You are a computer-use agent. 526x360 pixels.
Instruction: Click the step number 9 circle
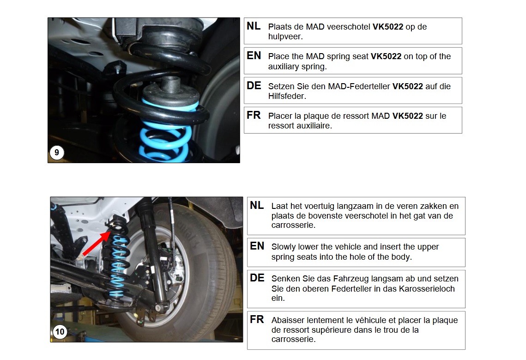tap(57, 153)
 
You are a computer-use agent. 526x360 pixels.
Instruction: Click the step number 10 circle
tap(60, 332)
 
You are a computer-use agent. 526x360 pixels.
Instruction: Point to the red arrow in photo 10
tap(96, 244)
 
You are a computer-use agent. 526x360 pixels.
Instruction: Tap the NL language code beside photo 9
tap(253, 26)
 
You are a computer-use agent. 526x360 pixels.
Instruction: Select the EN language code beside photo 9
tap(254, 55)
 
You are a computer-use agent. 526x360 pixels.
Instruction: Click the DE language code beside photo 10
tap(257, 278)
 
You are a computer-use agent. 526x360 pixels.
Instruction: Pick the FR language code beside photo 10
tap(257, 319)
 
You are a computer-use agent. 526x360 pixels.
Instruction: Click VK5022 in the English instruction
tap(386, 56)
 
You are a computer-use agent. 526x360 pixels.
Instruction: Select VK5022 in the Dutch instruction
tap(388, 27)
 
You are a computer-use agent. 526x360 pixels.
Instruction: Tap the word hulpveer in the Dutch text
tap(284, 37)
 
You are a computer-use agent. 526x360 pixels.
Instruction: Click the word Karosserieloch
tap(427, 289)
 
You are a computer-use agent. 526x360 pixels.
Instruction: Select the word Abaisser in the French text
tap(288, 320)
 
